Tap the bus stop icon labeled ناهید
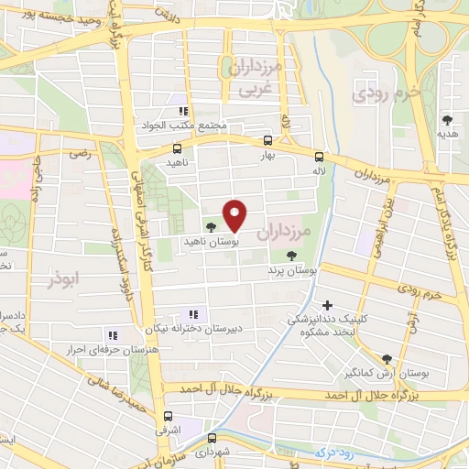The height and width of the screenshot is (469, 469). pyautogui.click(x=177, y=147)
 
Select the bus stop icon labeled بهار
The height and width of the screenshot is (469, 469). pyautogui.click(x=268, y=140)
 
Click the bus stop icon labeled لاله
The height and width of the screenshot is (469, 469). pyautogui.click(x=319, y=156)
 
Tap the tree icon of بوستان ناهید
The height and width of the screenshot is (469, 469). pyautogui.click(x=212, y=225)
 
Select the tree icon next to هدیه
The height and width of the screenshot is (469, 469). pyautogui.click(x=447, y=120)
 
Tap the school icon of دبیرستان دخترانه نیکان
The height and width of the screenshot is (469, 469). pyautogui.click(x=192, y=314)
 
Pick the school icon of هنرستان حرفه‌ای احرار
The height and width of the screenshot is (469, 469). pyautogui.click(x=113, y=335)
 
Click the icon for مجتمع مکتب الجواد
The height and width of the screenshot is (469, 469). pyautogui.click(x=183, y=111)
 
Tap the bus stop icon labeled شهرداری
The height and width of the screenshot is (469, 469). pyautogui.click(x=212, y=438)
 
